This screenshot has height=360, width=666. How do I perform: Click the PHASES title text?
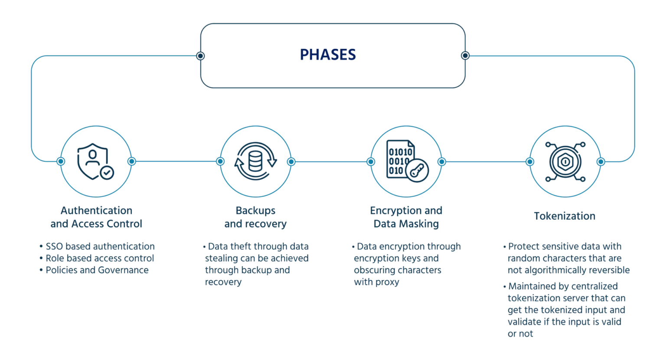point(328,55)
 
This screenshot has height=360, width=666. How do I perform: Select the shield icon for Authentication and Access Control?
point(96,162)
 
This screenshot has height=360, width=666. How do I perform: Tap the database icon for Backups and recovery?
point(255,162)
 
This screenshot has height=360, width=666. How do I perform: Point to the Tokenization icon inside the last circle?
point(565,162)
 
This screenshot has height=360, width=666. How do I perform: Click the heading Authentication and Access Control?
point(96,217)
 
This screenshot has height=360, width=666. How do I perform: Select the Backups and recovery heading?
point(255,217)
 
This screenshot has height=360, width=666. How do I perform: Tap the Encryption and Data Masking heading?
point(406,217)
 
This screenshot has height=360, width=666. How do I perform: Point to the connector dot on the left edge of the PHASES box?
point(201,56)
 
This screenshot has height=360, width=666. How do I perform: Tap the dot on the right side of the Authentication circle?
point(132,162)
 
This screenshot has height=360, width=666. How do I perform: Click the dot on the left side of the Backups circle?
point(219,162)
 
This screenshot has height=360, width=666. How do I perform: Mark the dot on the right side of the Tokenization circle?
point(601,162)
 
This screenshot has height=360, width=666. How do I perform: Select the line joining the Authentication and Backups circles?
point(176,162)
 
